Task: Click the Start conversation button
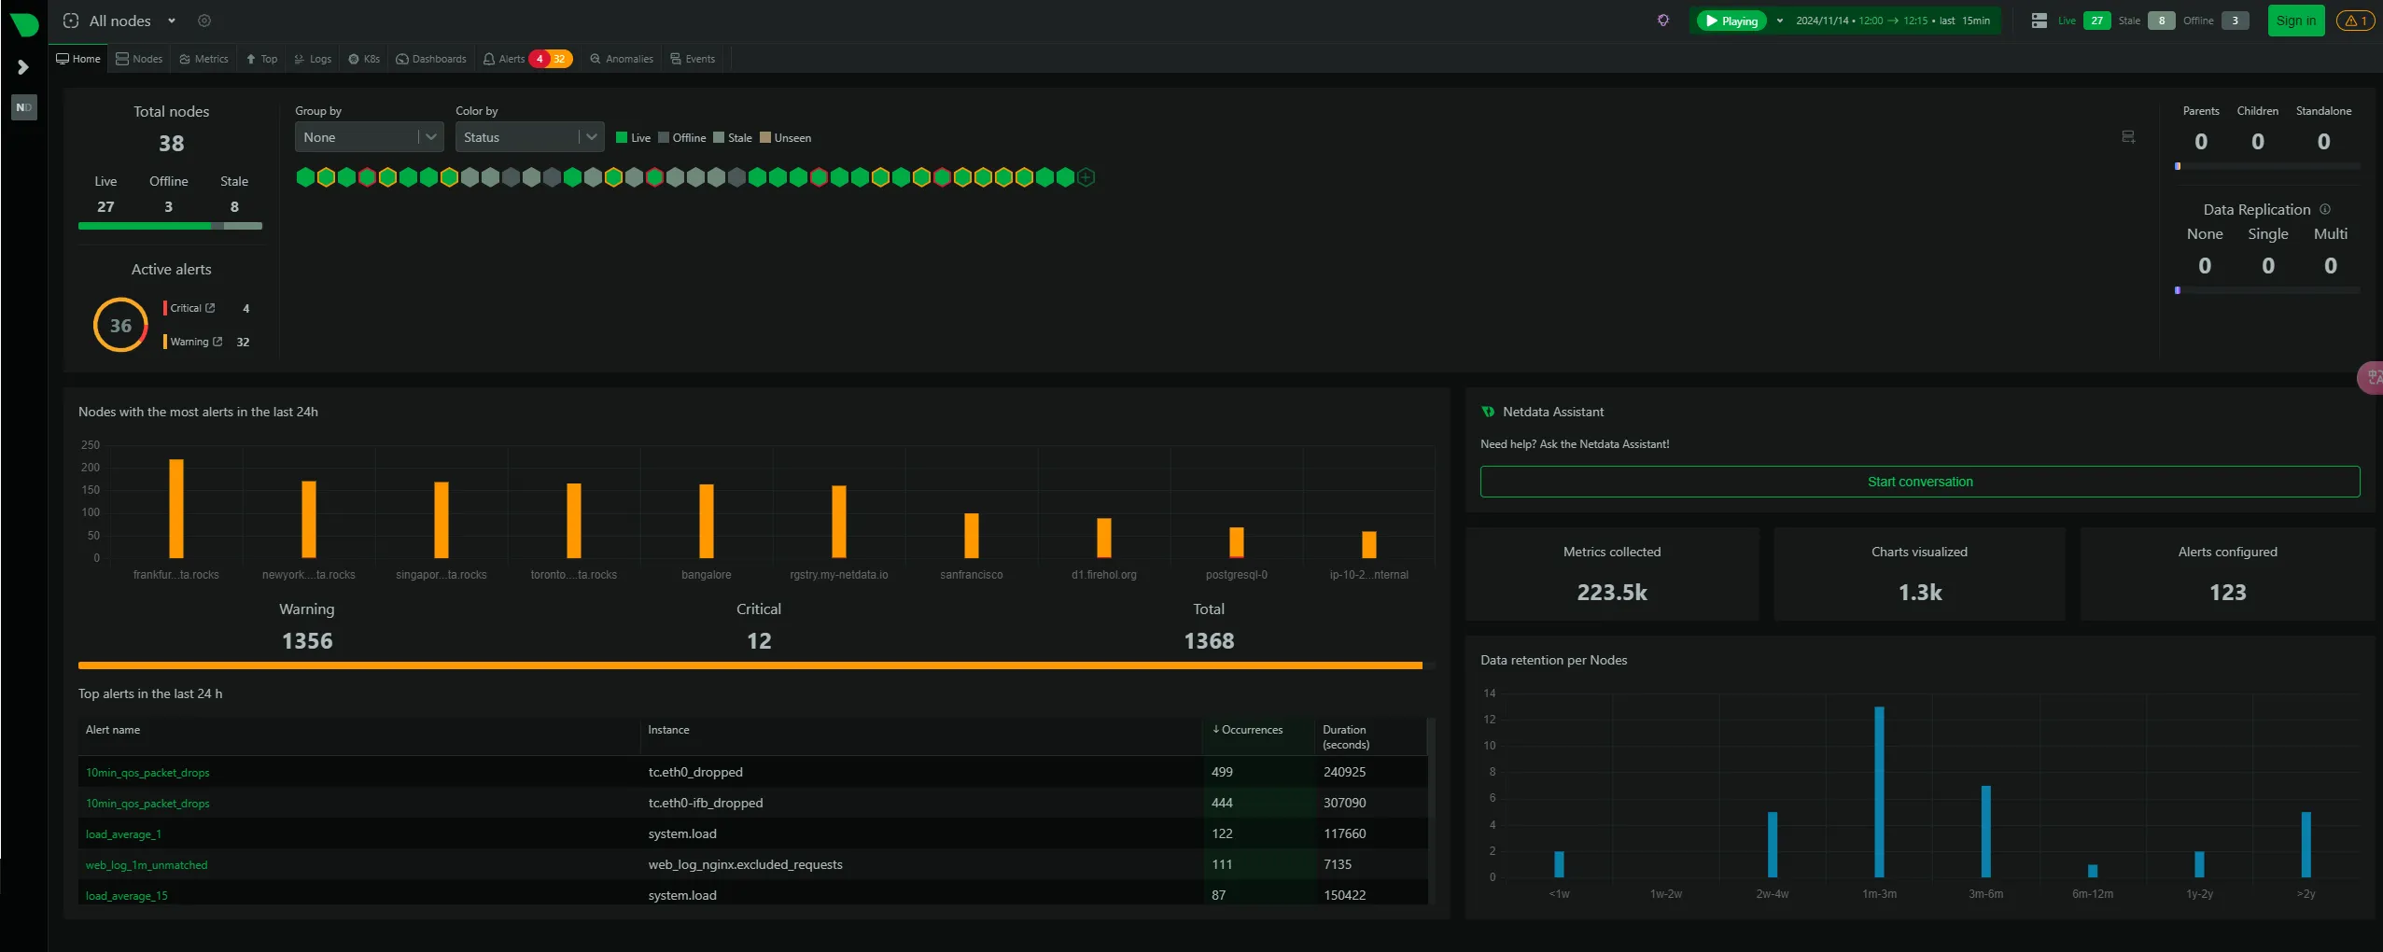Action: (x=1919, y=482)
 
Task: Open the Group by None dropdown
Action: (x=368, y=137)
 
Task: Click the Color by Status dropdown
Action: (x=528, y=137)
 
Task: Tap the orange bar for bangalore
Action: (x=707, y=521)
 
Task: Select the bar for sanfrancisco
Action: (x=972, y=536)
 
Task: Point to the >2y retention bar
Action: (x=2306, y=844)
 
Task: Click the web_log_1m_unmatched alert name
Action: (x=147, y=865)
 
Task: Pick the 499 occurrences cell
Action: (x=1222, y=772)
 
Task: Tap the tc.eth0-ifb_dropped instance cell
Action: (x=706, y=803)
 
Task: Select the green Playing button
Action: (x=1731, y=21)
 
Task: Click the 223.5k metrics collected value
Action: (x=1612, y=593)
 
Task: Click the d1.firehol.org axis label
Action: (x=1104, y=575)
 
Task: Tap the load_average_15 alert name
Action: (x=127, y=896)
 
